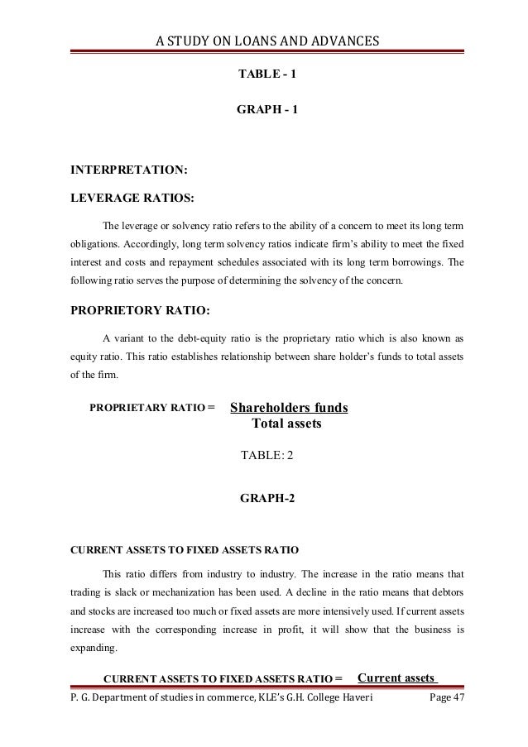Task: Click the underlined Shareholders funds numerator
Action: coord(288,409)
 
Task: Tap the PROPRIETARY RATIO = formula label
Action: coord(151,408)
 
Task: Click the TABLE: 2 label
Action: coord(266,455)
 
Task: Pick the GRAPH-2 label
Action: coord(266,499)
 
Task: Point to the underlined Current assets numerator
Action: coord(396,678)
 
